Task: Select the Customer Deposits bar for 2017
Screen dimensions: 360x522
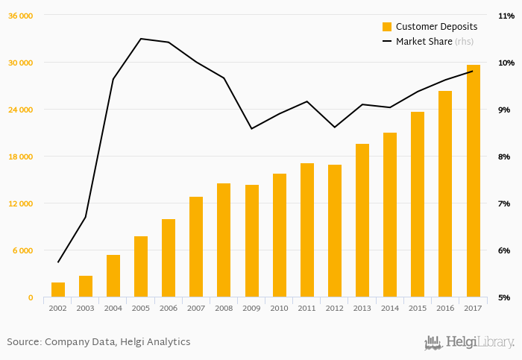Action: (473, 181)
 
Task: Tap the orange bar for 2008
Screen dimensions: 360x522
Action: (224, 240)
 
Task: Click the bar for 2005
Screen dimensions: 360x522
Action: (141, 267)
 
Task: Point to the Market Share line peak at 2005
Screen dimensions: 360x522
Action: (141, 39)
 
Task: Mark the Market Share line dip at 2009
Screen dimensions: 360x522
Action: (251, 129)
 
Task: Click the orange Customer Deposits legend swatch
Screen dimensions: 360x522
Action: (387, 27)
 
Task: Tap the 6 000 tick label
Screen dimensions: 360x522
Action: (24, 250)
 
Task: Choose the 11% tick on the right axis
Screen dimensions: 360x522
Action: (504, 16)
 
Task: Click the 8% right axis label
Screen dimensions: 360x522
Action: (504, 157)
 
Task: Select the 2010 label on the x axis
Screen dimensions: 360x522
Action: (279, 307)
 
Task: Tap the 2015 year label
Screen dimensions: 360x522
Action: (418, 307)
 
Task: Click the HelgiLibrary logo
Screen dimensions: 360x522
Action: (469, 342)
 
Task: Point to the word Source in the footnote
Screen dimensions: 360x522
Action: (23, 342)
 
